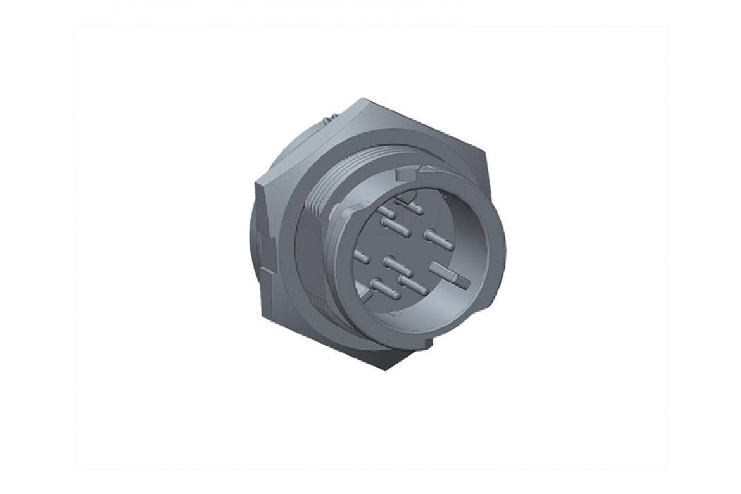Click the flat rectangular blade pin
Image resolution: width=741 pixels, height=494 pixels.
click(x=448, y=273)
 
